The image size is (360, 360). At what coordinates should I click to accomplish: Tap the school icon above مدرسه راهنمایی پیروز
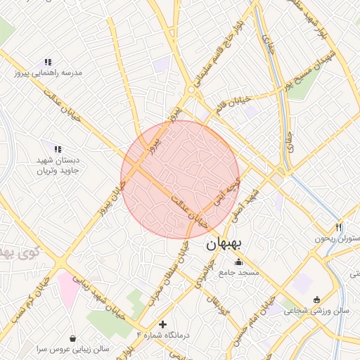click(x=48, y=62)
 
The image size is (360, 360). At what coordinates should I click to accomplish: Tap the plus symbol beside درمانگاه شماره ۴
click(x=164, y=324)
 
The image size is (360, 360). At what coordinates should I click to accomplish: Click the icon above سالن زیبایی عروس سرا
click(x=74, y=338)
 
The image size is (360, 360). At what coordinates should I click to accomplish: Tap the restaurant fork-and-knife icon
click(x=339, y=227)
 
